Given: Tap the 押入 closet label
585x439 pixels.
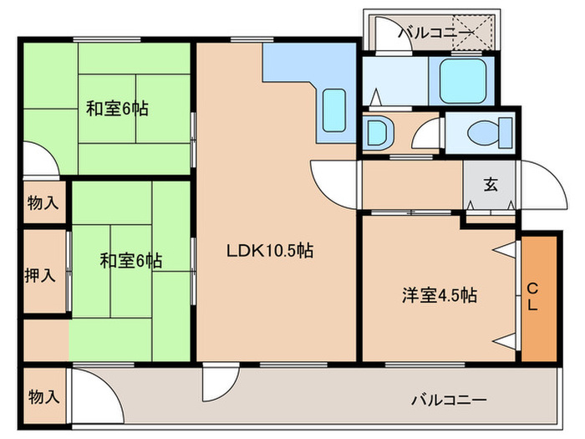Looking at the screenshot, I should (43, 274).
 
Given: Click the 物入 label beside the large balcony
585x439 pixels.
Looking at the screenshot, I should (43, 396).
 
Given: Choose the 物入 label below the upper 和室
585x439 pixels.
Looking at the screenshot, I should (43, 202).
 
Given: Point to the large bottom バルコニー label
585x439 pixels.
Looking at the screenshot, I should (447, 399).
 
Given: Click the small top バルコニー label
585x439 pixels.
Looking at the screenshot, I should (438, 33).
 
